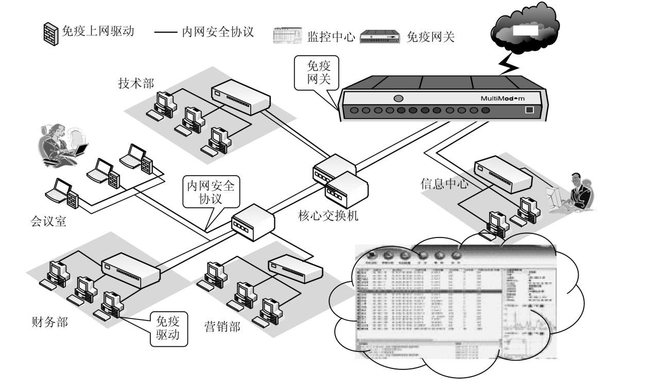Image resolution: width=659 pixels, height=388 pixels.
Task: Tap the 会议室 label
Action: [48, 222]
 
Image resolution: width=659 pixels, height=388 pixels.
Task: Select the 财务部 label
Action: [49, 323]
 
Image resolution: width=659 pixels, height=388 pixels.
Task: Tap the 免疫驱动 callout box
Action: [167, 329]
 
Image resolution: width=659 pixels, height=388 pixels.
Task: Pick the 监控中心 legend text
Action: [331, 37]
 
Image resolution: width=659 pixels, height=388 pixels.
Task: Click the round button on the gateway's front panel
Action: [397, 98]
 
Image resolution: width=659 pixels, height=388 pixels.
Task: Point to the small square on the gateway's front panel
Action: [529, 110]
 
